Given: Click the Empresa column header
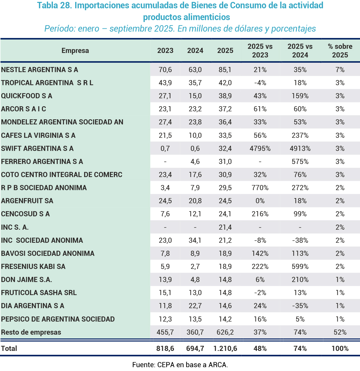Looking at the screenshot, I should click(x=75, y=51).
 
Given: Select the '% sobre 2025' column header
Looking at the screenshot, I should click(x=340, y=51).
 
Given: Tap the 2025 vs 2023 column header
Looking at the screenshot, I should click(x=260, y=51).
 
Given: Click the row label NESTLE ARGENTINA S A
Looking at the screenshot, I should click(x=40, y=70).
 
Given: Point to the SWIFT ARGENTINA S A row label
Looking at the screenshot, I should click(x=37, y=149).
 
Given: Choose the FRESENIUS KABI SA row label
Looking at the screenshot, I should click(x=33, y=267).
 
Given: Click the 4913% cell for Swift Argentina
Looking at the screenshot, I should click(x=300, y=149).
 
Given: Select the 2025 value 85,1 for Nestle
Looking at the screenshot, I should click(x=225, y=70).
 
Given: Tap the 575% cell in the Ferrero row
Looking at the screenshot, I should click(x=300, y=162).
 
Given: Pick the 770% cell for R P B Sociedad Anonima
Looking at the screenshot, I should click(x=260, y=188).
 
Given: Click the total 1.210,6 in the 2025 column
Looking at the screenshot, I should click(x=225, y=349).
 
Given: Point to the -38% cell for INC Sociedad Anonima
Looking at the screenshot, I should click(x=300, y=241).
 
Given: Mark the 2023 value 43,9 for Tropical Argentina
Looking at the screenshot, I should click(x=165, y=83).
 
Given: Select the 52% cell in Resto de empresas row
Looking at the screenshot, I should click(x=340, y=332).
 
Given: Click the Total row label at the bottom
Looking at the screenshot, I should click(x=9, y=349).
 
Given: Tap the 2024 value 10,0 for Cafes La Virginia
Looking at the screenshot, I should click(x=195, y=136).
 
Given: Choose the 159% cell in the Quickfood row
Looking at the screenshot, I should click(x=300, y=96).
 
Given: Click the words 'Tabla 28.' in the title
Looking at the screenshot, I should click(x=54, y=5).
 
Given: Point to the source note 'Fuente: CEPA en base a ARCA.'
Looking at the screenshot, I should click(x=180, y=365).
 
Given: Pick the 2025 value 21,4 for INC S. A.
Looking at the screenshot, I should click(x=225, y=227).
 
